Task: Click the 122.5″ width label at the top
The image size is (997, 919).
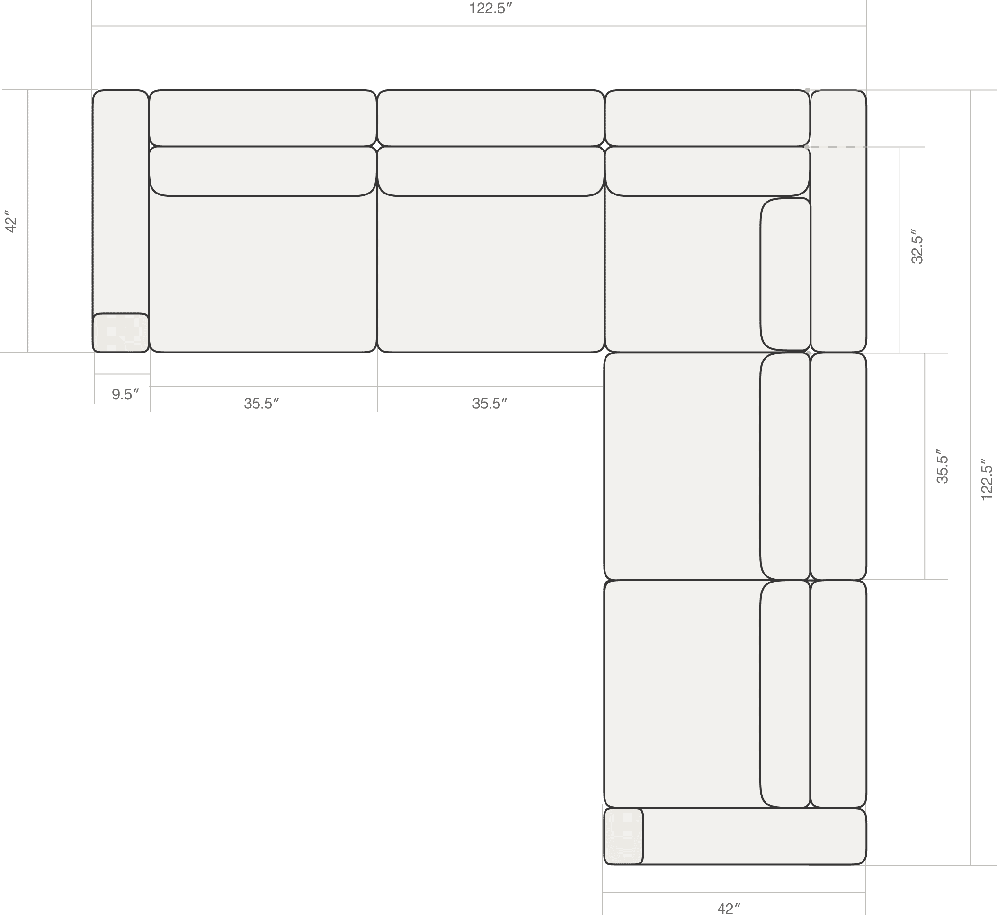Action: pos(490,9)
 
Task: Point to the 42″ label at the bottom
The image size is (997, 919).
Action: pos(729,909)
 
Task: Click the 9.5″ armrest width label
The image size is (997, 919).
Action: pos(125,394)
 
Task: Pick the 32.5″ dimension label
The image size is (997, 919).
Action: pos(917,246)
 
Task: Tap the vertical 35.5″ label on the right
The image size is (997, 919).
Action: pos(942,466)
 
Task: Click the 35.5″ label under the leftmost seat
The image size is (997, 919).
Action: pos(261,403)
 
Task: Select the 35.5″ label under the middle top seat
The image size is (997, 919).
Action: pos(490,403)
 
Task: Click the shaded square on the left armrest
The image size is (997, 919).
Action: pos(121,333)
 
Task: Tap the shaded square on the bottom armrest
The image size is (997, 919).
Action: pos(623,836)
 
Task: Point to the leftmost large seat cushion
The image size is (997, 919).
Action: pos(263,274)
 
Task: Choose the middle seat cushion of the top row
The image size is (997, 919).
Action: pos(490,274)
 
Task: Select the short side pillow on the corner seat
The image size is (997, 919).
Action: pos(785,274)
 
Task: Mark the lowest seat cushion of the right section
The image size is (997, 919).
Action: pos(682,694)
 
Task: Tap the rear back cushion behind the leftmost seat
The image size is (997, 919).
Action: pos(263,118)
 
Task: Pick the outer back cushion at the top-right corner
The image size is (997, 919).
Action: pos(838,221)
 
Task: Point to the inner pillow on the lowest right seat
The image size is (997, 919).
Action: pos(785,694)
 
